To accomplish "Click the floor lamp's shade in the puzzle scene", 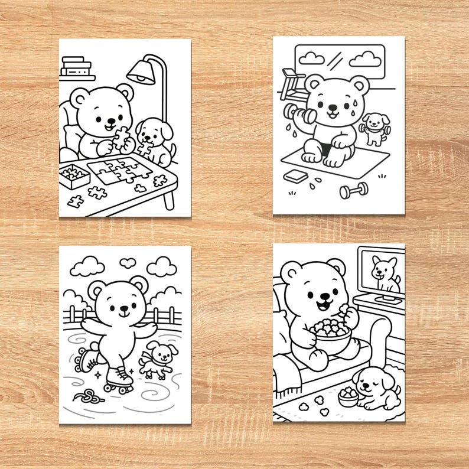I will click(140, 73).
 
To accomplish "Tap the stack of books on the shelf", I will click(76, 66).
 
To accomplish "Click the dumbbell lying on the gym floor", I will click(354, 190).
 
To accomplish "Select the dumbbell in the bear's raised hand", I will click(293, 112).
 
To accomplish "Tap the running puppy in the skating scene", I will click(158, 359).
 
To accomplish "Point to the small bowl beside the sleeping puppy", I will click(348, 398).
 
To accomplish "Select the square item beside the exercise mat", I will click(293, 176).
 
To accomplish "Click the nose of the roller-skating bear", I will click(124, 308).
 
